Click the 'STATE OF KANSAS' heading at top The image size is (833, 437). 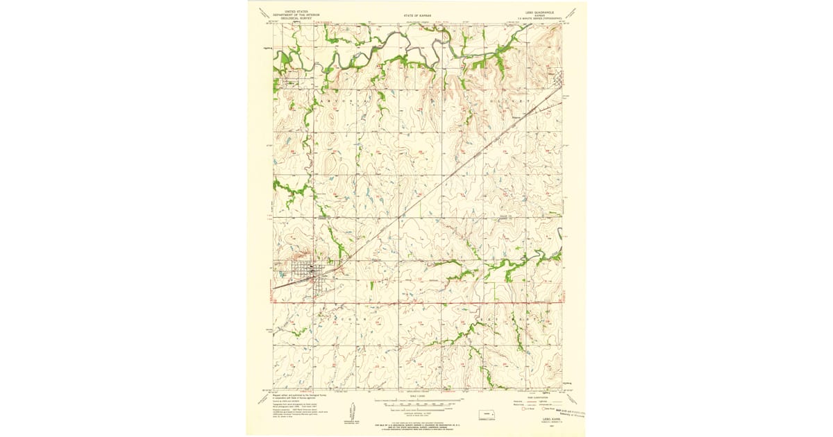click(416, 15)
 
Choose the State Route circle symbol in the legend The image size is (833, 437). click(546, 409)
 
